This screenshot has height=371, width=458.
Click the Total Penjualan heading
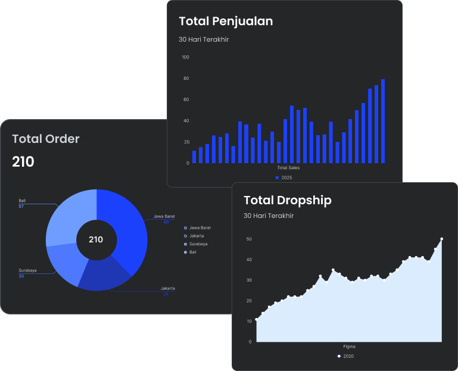[226, 21]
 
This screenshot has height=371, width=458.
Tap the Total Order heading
[46, 139]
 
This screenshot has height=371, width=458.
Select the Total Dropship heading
[287, 200]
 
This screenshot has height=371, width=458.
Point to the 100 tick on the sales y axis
[185, 57]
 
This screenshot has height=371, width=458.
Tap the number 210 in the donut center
[96, 239]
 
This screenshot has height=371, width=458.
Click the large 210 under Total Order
[23, 161]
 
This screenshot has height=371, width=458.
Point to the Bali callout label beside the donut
[22, 201]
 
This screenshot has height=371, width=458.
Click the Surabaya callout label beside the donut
[27, 270]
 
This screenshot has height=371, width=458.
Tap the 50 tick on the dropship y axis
[249, 239]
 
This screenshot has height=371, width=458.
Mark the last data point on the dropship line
[442, 239]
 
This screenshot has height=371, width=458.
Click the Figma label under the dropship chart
[349, 347]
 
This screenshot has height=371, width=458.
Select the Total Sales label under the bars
[288, 168]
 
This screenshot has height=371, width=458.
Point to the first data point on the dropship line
[257, 320]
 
